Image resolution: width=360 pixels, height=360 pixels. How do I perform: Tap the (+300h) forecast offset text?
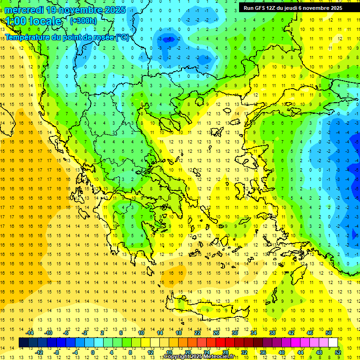click(x=83, y=21)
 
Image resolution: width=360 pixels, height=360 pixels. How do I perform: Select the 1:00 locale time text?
click(x=33, y=21)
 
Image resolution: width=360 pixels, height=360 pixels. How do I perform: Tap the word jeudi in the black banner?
click(x=298, y=8)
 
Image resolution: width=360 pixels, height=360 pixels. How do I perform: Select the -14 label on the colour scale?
click(x=30, y=333)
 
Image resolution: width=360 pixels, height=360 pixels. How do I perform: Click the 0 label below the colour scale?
click(x=92, y=352)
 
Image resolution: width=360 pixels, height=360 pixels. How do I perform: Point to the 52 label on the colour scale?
click(x=338, y=352)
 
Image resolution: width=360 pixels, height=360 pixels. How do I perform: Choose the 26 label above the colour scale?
click(x=216, y=333)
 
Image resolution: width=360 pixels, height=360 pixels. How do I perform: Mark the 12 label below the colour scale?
click(x=150, y=352)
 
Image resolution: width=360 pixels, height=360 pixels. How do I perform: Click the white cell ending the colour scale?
click(x=333, y=343)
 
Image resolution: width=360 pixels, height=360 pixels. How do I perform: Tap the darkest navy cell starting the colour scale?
click(x=23, y=343)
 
